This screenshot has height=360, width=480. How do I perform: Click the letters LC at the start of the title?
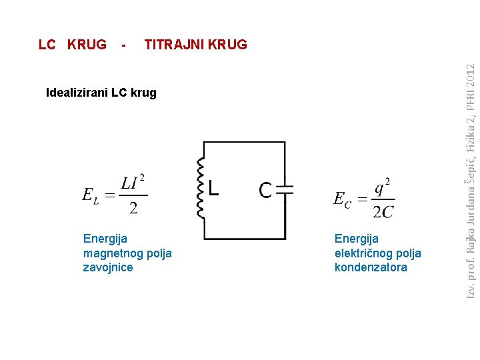click(x=47, y=45)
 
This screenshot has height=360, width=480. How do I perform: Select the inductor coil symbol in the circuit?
click(x=199, y=188)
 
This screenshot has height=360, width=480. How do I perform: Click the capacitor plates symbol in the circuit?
click(x=285, y=189)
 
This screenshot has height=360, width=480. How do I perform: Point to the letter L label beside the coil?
click(x=211, y=189)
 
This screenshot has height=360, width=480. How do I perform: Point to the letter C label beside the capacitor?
click(x=266, y=190)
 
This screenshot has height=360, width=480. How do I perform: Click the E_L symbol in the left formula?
click(x=90, y=195)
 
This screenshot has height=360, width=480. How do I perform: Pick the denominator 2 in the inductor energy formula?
click(x=133, y=208)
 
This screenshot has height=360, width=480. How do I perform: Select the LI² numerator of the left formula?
click(x=133, y=183)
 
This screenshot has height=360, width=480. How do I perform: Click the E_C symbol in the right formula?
click(x=341, y=199)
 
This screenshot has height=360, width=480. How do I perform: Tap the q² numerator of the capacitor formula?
click(x=382, y=187)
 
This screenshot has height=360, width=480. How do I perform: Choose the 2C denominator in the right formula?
click(x=383, y=212)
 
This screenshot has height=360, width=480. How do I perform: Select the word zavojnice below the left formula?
click(x=108, y=267)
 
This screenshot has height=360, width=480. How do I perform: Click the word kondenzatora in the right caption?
click(x=371, y=267)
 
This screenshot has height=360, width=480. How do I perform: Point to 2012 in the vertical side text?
click(x=471, y=79)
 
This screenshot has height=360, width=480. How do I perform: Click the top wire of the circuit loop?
click(x=244, y=142)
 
